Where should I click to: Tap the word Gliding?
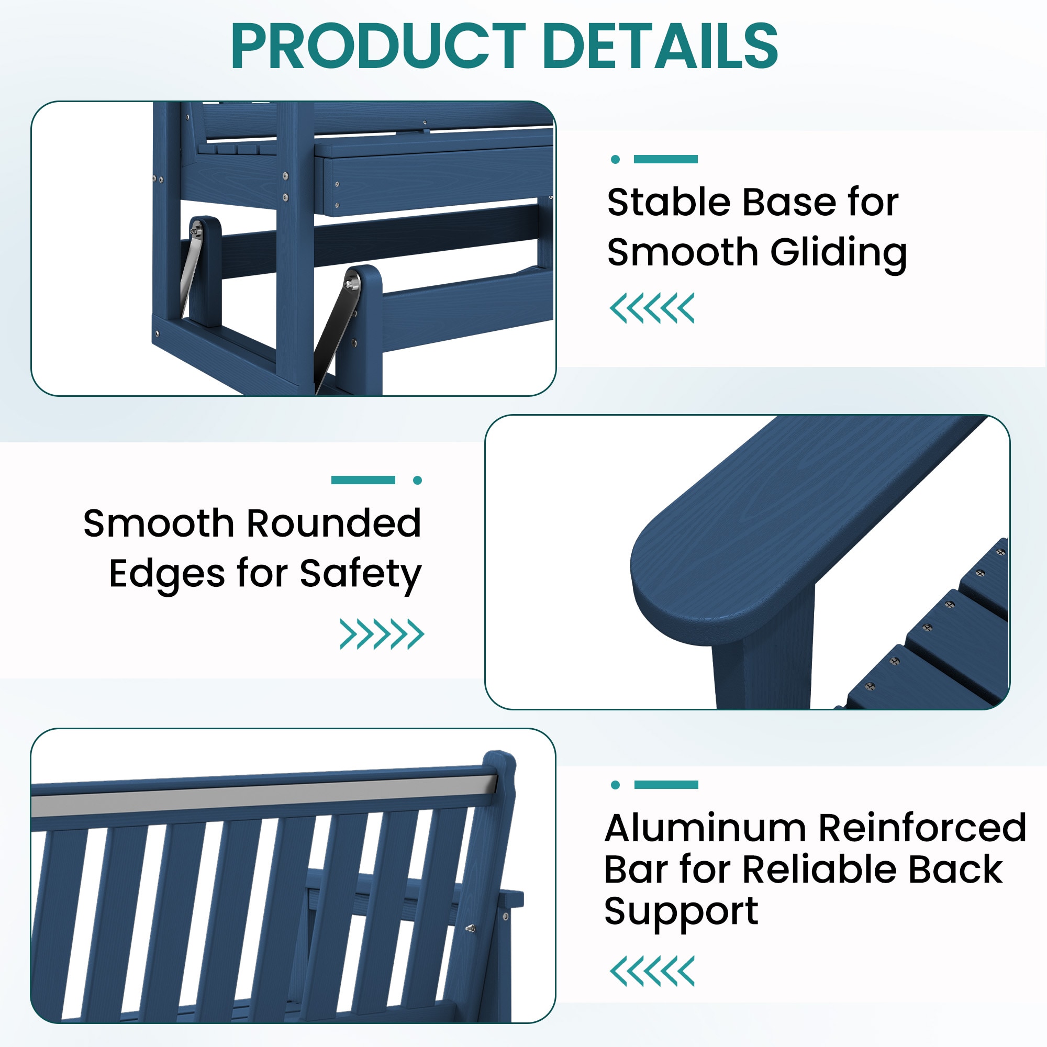(838, 253)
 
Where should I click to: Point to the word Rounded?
(334, 523)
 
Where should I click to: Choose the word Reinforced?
(922, 828)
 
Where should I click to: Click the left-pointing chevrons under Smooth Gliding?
(652, 308)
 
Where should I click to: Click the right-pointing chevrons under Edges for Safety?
(382, 634)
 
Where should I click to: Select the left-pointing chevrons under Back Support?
(652, 971)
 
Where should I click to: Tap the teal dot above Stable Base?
(615, 159)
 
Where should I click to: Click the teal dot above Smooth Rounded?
(417, 480)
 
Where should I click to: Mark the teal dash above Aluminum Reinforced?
(666, 785)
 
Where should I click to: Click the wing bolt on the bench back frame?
(471, 928)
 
